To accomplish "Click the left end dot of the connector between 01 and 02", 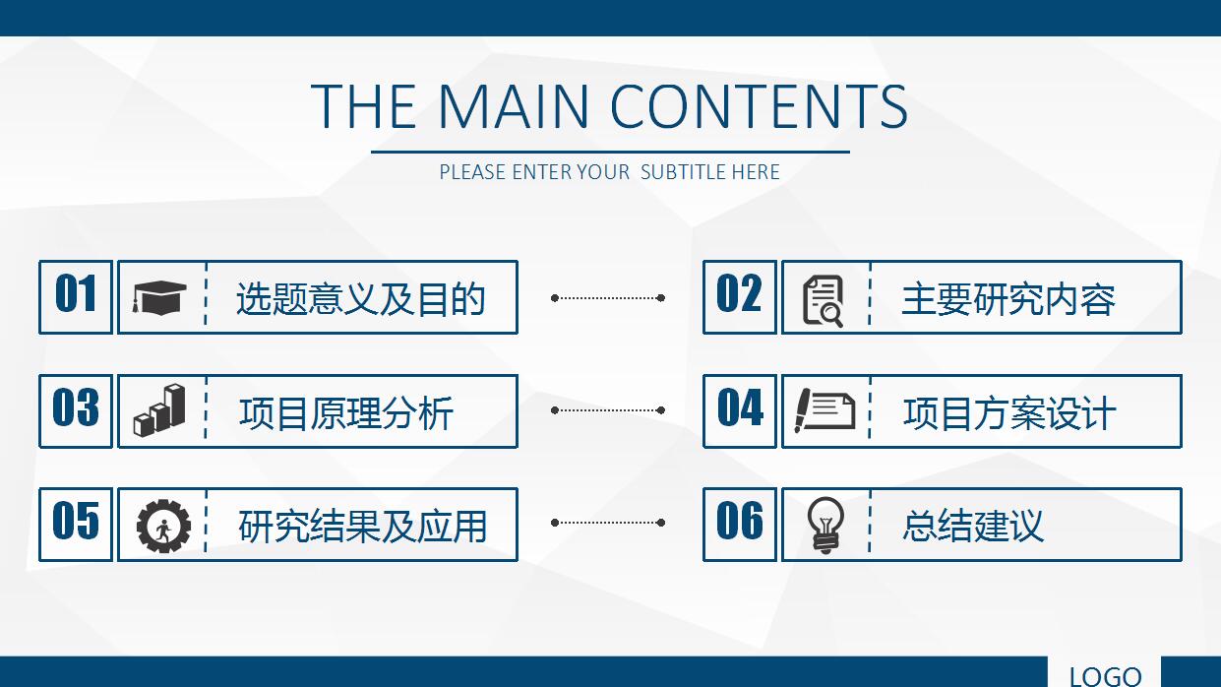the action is pyautogui.click(x=554, y=297).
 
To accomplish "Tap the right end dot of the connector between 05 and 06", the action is pyautogui.click(x=661, y=523).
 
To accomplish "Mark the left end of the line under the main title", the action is pyautogui.click(x=372, y=153).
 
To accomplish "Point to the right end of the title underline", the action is pyautogui.click(x=849, y=153).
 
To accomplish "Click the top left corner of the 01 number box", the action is pyautogui.click(x=39, y=261).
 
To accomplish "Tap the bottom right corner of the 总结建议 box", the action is pyautogui.click(x=1182, y=560).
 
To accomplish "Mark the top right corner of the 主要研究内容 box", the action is pyautogui.click(x=1182, y=261).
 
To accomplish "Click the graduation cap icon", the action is pyautogui.click(x=159, y=297).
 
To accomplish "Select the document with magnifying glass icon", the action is pyautogui.click(x=824, y=301).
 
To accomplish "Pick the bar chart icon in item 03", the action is pyautogui.click(x=159, y=410).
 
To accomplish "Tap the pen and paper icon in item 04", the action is pyautogui.click(x=824, y=410).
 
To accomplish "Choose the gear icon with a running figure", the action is pyautogui.click(x=163, y=527).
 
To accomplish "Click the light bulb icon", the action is pyautogui.click(x=825, y=525).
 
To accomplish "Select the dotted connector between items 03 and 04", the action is pyautogui.click(x=608, y=410).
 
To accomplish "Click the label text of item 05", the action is pyautogui.click(x=362, y=527).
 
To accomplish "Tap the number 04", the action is pyautogui.click(x=740, y=407).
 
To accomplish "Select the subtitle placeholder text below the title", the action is pyautogui.click(x=609, y=172).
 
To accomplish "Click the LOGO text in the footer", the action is pyautogui.click(x=1106, y=676).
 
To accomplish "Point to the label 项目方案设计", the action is pyautogui.click(x=1009, y=413).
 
